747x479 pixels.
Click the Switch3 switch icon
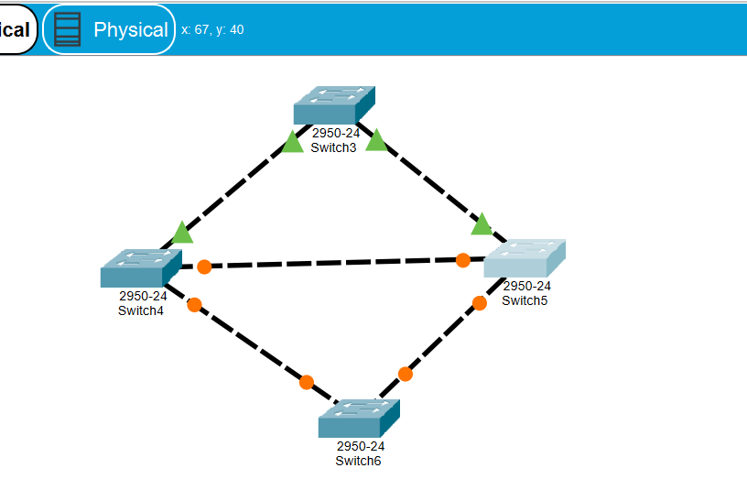point(334,105)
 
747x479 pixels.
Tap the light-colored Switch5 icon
point(524,258)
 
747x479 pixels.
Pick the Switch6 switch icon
point(359,419)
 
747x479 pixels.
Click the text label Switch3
point(333,147)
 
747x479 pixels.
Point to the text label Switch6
point(358,461)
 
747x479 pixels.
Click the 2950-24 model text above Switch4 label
point(143,296)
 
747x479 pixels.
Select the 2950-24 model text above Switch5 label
point(526,286)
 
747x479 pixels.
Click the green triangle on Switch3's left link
point(292,142)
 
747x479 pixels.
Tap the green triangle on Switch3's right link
point(375,140)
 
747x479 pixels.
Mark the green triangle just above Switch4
point(182,233)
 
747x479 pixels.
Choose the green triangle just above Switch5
point(482,224)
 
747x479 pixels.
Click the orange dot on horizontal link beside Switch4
point(204,267)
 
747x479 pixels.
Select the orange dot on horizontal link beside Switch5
point(463,260)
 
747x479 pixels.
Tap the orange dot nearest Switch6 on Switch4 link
point(307,382)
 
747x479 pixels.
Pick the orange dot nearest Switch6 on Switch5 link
point(406,374)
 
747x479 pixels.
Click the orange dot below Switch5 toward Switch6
point(480,303)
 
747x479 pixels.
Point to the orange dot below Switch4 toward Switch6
point(194,305)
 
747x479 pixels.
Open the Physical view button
point(109,29)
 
